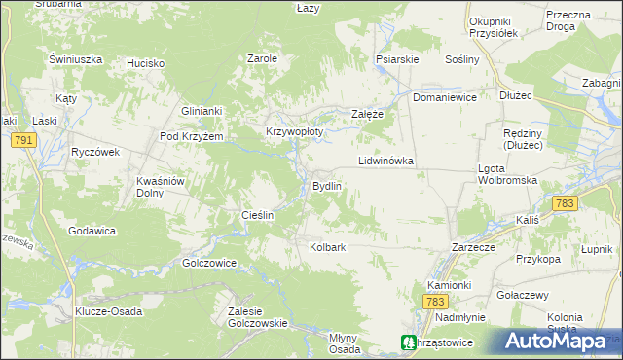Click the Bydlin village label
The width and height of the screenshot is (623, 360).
(x=325, y=186)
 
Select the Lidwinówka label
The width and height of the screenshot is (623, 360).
(x=386, y=160)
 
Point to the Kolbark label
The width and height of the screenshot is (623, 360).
(x=327, y=247)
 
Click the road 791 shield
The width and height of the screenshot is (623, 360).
(x=24, y=142)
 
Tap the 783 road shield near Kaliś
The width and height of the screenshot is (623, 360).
(x=564, y=203)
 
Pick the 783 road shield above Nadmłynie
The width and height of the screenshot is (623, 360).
(x=435, y=303)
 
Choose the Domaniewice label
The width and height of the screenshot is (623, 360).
(x=444, y=98)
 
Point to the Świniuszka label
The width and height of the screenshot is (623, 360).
(x=76, y=59)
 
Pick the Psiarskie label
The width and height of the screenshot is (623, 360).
(x=397, y=59)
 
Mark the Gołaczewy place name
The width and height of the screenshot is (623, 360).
(x=523, y=295)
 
